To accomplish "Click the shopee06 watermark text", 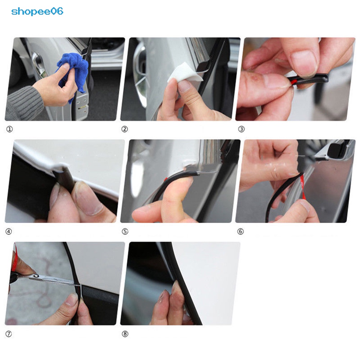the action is (37, 11).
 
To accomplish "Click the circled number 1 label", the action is (9, 129).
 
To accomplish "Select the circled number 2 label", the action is (124, 129).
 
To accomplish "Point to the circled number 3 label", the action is (241, 129).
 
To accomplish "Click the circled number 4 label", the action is (9, 232).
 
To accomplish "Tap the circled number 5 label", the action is (125, 232).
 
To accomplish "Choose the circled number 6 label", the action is (240, 232).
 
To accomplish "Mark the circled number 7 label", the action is (9, 334).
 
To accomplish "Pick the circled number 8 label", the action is (125, 334).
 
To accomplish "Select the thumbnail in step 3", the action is (304, 62).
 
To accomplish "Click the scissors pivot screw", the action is (36, 276).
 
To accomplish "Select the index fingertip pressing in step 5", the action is (183, 184).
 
